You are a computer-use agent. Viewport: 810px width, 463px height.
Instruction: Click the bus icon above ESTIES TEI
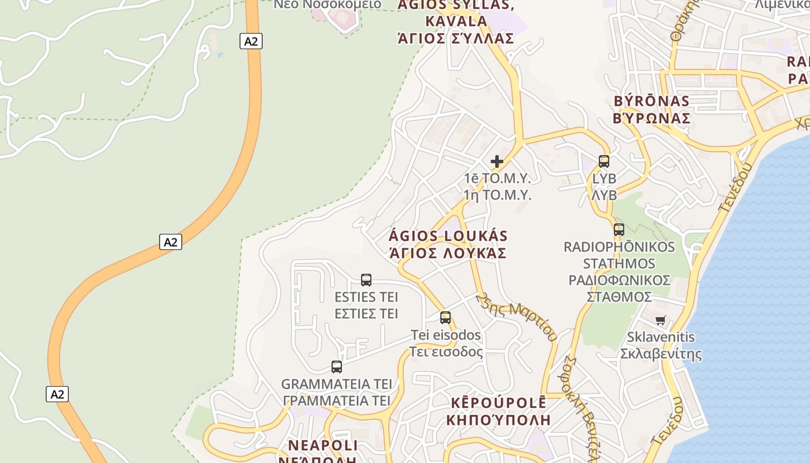click(x=366, y=280)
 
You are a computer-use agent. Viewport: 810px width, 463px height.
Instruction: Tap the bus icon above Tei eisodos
click(x=446, y=318)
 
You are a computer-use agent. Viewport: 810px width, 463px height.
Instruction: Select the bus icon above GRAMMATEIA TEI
click(x=337, y=366)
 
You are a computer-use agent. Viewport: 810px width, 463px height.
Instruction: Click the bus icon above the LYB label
click(x=604, y=161)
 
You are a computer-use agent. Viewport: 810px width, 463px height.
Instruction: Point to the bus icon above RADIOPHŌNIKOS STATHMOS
click(x=619, y=230)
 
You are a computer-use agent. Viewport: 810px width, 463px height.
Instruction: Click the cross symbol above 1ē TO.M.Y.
click(x=497, y=161)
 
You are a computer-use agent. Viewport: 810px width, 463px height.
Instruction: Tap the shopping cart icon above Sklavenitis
click(x=661, y=320)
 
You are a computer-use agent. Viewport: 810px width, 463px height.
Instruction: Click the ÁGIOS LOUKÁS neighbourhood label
click(x=448, y=236)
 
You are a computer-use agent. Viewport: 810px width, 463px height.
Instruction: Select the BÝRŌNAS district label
click(x=651, y=101)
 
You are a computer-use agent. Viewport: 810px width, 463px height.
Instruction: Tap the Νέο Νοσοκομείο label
click(x=327, y=5)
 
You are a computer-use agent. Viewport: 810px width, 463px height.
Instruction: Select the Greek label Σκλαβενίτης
click(x=661, y=354)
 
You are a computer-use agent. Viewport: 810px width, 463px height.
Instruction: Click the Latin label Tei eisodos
click(x=446, y=335)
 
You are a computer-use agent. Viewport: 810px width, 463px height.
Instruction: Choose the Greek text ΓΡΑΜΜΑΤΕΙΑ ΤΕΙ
click(x=337, y=400)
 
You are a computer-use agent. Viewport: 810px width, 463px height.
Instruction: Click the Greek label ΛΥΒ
click(x=604, y=195)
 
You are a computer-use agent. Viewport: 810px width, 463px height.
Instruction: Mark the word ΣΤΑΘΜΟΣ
click(x=619, y=297)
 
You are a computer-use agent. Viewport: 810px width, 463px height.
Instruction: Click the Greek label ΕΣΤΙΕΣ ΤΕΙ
click(x=366, y=314)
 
